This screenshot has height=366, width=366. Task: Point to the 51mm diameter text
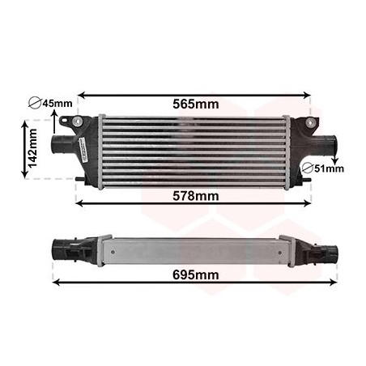pos(329,168)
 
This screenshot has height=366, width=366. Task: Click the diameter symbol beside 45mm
pos(34,104)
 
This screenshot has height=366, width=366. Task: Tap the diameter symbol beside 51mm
pos(308,168)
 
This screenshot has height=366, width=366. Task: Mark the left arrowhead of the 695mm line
pos(56,281)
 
